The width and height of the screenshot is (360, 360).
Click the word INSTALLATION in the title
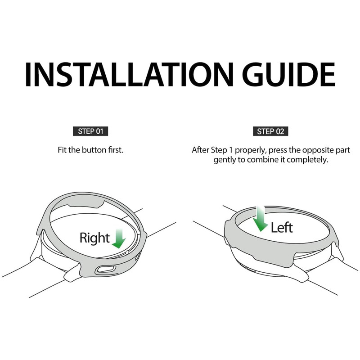click(129, 74)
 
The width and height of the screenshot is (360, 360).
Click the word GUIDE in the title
click(288, 74)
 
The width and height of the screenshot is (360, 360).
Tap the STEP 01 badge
click(90, 131)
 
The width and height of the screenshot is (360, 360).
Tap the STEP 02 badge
click(270, 131)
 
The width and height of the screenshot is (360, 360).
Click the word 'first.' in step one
click(116, 150)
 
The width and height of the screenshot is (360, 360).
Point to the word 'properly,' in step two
click(250, 150)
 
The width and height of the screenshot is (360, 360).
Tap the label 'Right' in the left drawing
click(94, 238)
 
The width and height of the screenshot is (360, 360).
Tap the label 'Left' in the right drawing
click(282, 228)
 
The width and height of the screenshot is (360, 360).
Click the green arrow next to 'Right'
click(119, 239)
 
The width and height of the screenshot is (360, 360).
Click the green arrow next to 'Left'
click(261, 219)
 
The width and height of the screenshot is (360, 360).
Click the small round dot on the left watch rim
click(127, 252)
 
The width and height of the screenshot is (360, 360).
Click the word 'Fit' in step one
click(62, 150)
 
